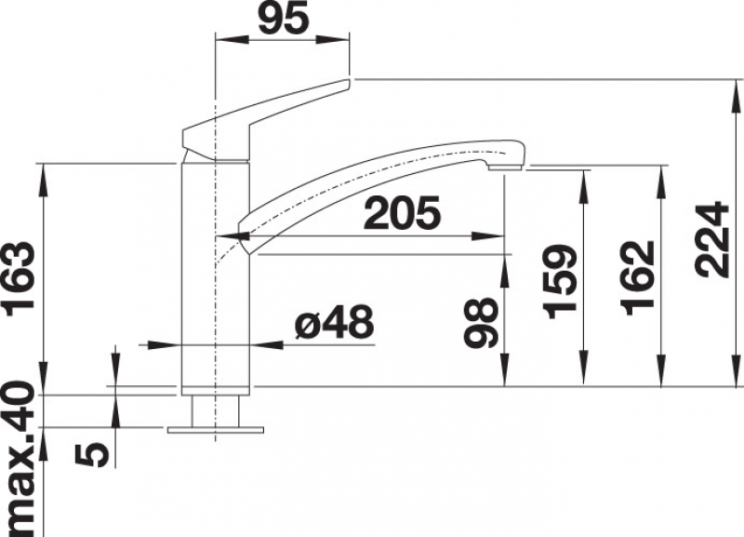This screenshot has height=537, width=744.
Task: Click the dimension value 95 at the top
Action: (284, 18)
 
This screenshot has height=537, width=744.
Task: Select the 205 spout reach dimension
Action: (402, 212)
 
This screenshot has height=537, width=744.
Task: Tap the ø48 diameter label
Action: (335, 321)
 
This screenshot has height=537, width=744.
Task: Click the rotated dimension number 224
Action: (711, 239)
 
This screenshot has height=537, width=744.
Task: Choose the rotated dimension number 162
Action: (638, 278)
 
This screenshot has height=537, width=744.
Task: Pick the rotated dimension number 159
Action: (561, 282)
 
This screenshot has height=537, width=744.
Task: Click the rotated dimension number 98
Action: (482, 323)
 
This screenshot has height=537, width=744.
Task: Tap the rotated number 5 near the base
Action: (92, 453)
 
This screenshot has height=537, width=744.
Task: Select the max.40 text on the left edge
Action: (20, 458)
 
